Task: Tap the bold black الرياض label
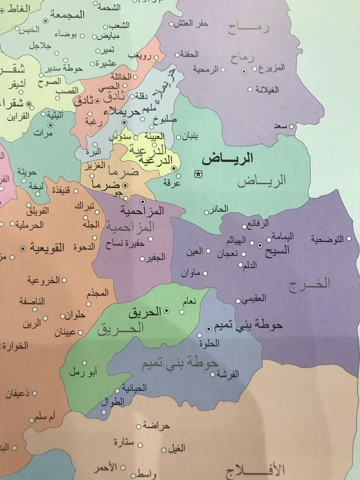click(x=228, y=159)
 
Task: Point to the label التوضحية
click(x=328, y=239)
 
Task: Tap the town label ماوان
click(x=190, y=274)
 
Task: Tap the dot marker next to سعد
click(x=292, y=126)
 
